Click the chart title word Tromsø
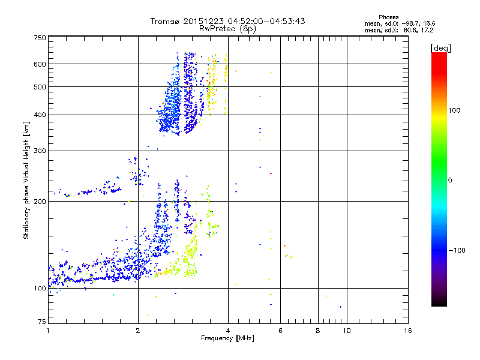click(x=166, y=21)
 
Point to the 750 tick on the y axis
click(x=40, y=38)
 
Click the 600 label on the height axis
click(x=40, y=64)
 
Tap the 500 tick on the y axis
click(x=40, y=87)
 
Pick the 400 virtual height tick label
click(x=40, y=115)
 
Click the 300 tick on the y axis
click(x=40, y=151)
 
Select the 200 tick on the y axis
click(x=40, y=202)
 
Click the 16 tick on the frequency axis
click(x=407, y=331)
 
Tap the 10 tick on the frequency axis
click(x=347, y=331)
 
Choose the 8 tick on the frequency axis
click(x=318, y=331)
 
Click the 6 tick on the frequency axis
click(x=280, y=331)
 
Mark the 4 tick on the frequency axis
click(x=228, y=331)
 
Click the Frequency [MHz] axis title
click(x=227, y=339)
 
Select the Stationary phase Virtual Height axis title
click(x=26, y=180)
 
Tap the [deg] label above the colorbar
click(x=440, y=47)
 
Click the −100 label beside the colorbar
click(x=458, y=250)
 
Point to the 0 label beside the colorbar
click(x=451, y=180)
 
